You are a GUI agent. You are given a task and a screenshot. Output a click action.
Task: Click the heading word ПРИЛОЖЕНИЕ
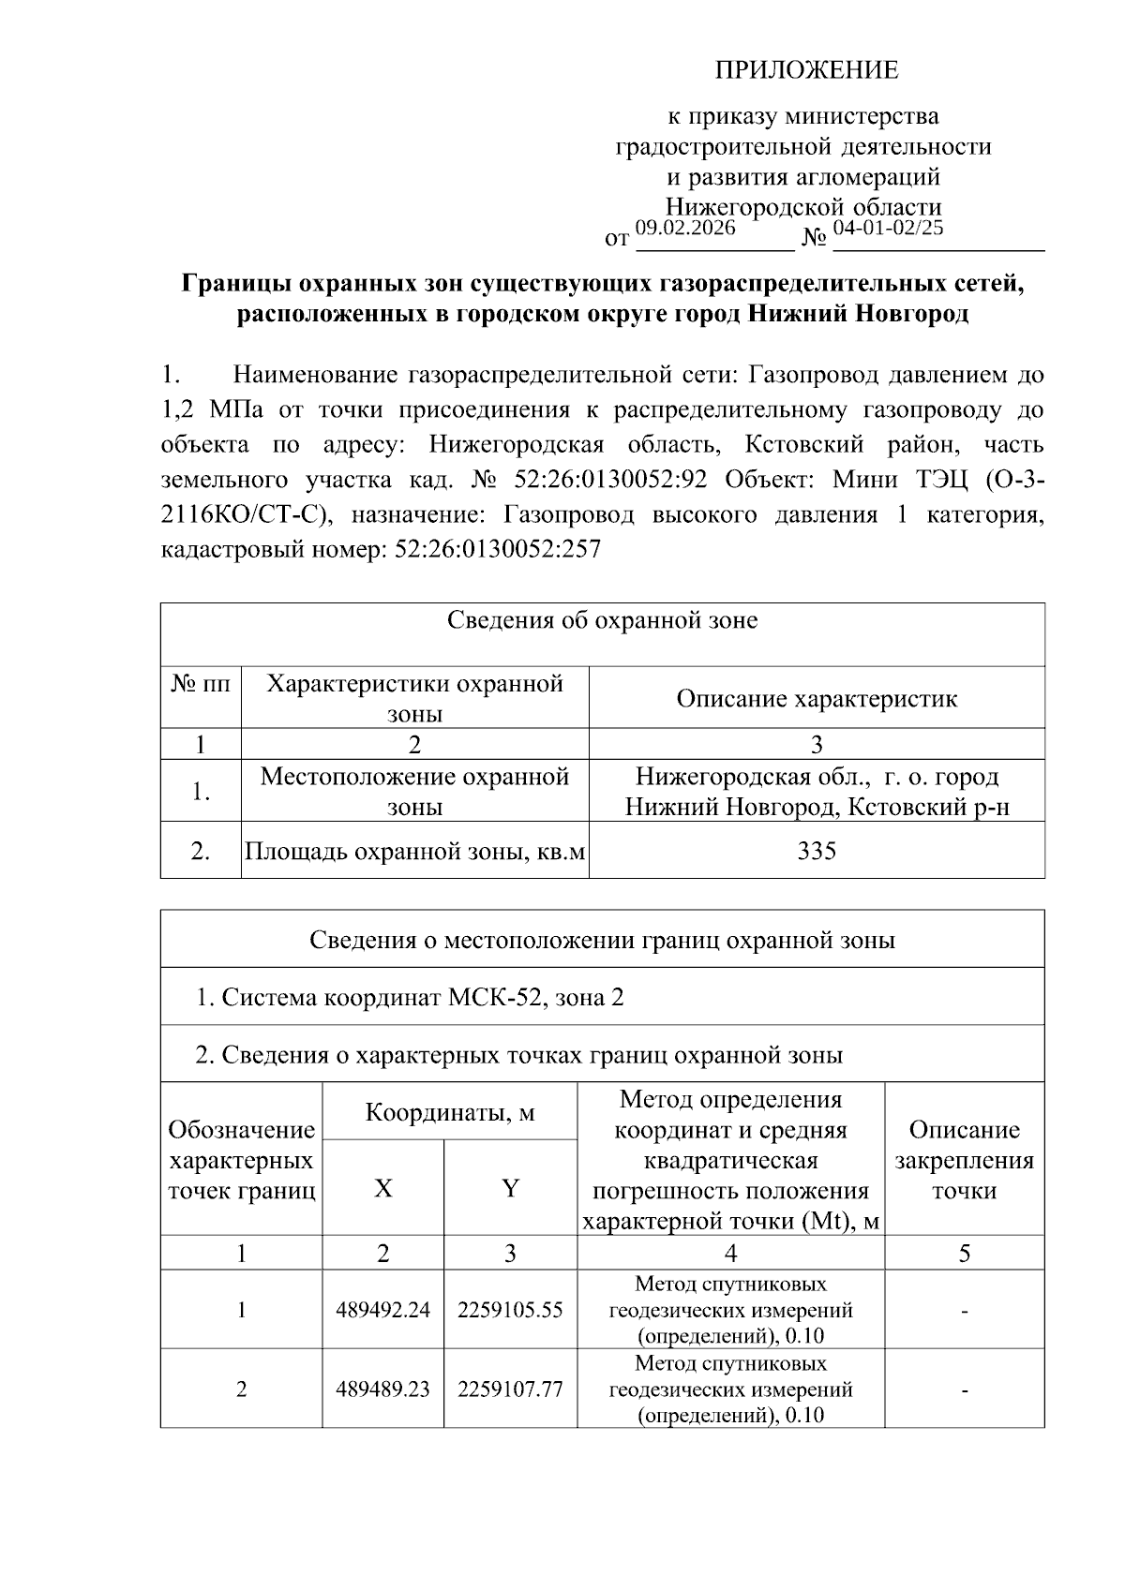[x=806, y=70]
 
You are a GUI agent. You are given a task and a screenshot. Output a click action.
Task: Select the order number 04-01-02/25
[x=888, y=228]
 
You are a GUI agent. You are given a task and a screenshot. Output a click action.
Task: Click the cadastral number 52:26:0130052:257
[x=498, y=549]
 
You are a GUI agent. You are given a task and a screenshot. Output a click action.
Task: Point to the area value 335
[x=817, y=851]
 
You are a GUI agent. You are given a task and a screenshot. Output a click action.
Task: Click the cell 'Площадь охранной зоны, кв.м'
[x=414, y=851]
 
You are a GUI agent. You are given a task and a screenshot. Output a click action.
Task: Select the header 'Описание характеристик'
[x=817, y=698]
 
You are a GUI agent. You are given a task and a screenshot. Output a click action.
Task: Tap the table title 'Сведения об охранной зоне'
[x=602, y=620]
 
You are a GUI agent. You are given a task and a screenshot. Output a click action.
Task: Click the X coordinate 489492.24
[x=382, y=1310]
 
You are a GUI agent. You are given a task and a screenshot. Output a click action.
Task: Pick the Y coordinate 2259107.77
[x=510, y=1389]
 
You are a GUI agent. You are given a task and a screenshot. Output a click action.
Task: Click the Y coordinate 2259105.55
[x=510, y=1310]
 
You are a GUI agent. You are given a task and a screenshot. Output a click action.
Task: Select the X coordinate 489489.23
[x=382, y=1389]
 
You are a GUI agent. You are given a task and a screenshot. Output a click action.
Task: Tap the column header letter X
[x=383, y=1188]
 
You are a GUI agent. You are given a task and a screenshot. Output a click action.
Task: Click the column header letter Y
[x=510, y=1188]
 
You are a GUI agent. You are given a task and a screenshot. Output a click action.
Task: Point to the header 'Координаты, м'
[x=449, y=1112]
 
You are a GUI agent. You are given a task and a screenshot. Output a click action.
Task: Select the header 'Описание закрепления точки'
[x=964, y=1160]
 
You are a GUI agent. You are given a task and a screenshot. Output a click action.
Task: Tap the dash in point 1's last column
[x=964, y=1311]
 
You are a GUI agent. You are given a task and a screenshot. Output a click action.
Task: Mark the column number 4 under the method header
[x=730, y=1254]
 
